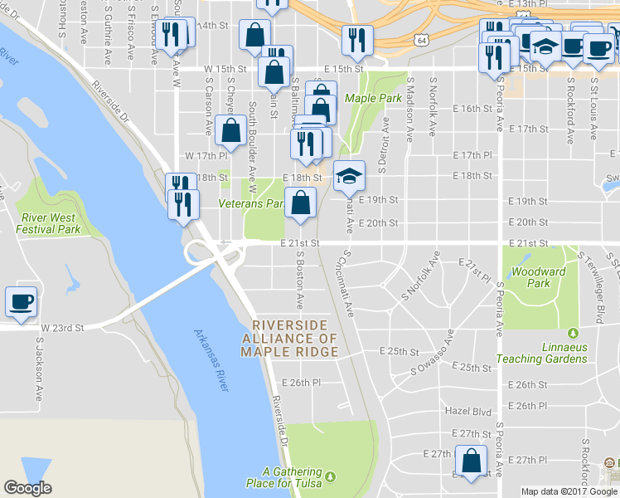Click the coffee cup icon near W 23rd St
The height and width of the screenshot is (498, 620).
point(21,301)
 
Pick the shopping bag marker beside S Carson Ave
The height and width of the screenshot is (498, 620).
point(230,130)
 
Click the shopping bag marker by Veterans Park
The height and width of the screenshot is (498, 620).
point(300,202)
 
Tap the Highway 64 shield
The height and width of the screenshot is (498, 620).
point(423,39)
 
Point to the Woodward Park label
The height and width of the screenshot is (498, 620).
point(538,277)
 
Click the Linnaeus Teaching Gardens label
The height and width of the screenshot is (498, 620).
point(542,353)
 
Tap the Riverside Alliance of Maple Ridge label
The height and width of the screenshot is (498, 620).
point(289,338)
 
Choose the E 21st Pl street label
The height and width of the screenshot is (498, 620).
point(474,266)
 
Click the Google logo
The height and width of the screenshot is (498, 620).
point(28,488)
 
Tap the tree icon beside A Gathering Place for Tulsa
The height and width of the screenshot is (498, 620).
point(331,476)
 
